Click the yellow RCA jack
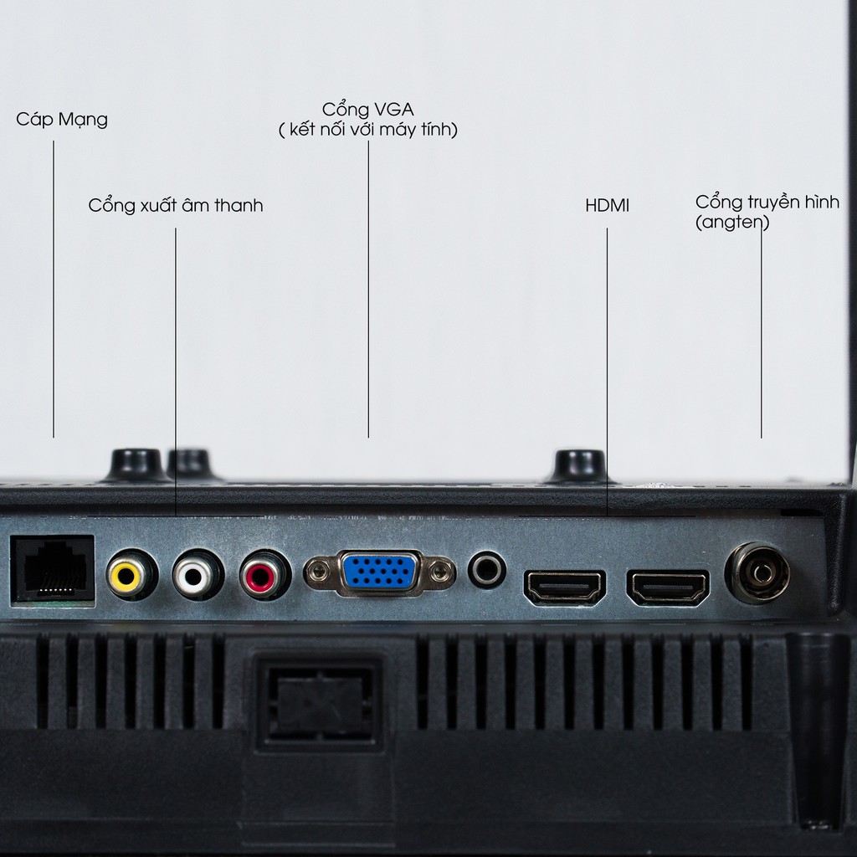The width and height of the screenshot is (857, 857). pos(131,574)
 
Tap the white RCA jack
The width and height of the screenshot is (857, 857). pos(198,574)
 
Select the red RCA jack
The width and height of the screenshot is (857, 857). pos(264,575)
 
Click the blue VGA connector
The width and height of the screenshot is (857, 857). pos(379,572)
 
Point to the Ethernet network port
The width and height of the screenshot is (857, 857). pos(53,571)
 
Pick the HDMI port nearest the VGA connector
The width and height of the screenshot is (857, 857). pos(565,588)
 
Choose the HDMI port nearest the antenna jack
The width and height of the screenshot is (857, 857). pos(668,588)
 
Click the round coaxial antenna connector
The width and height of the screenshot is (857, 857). pos(757,572)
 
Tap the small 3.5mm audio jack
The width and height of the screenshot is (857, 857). pos(486,569)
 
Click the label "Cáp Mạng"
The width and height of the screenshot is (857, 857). pos(62,120)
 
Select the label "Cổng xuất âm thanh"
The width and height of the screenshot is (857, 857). pos(176,206)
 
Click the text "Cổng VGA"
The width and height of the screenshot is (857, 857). pos(368,110)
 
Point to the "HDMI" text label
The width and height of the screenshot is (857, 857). pos(608,206)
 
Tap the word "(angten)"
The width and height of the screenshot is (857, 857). pos(732,223)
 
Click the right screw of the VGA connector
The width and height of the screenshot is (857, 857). pos(440,572)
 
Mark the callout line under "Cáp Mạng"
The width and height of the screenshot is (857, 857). pos(53,289)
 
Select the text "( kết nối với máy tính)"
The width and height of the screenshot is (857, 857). pos(368,130)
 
